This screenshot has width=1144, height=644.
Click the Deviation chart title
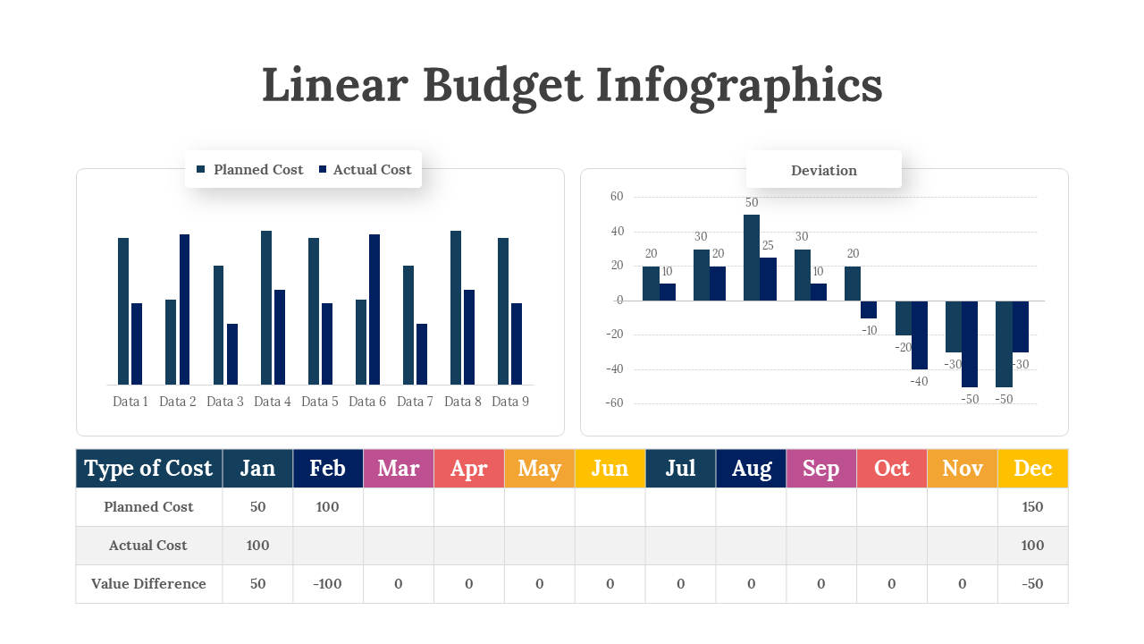823,170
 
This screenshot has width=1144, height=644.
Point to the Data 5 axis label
320,402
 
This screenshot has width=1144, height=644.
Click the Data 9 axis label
510,402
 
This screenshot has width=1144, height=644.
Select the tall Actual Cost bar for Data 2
184,309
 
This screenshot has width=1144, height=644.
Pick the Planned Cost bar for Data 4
266,307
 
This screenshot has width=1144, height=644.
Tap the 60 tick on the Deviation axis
616,197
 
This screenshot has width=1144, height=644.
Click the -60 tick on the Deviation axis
614,403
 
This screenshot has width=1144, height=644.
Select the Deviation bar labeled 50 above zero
752,258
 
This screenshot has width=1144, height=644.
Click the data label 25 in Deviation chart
768,246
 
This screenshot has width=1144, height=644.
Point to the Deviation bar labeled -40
920,335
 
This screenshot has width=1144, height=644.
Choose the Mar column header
399,469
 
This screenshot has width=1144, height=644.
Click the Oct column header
891,469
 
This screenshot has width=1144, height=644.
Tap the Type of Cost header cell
148,469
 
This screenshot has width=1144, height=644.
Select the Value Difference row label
148,584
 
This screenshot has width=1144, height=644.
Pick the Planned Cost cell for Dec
1032,507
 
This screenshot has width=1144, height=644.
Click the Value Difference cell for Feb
328,584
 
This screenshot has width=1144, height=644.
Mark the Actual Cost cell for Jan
257,546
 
